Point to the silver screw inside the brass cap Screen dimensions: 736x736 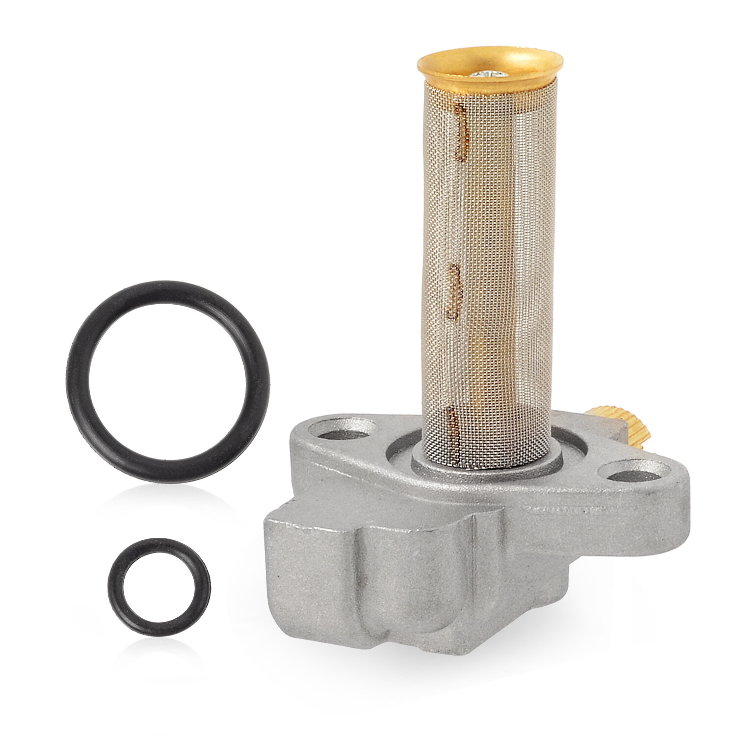488,75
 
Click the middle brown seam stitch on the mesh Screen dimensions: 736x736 454,291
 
